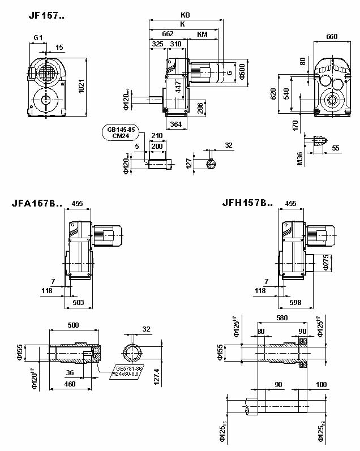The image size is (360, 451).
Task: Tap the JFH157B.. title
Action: [247, 203]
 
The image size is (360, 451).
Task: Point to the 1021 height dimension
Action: [80, 87]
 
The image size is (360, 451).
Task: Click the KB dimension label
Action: [185, 15]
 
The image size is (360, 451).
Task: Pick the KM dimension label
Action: [202, 35]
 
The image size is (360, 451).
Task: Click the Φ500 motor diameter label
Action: [242, 71]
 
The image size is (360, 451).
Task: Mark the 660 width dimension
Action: [332, 37]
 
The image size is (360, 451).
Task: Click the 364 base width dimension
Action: [176, 124]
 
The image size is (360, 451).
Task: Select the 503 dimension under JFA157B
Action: [79, 303]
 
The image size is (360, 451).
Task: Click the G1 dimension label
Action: [37, 37]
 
